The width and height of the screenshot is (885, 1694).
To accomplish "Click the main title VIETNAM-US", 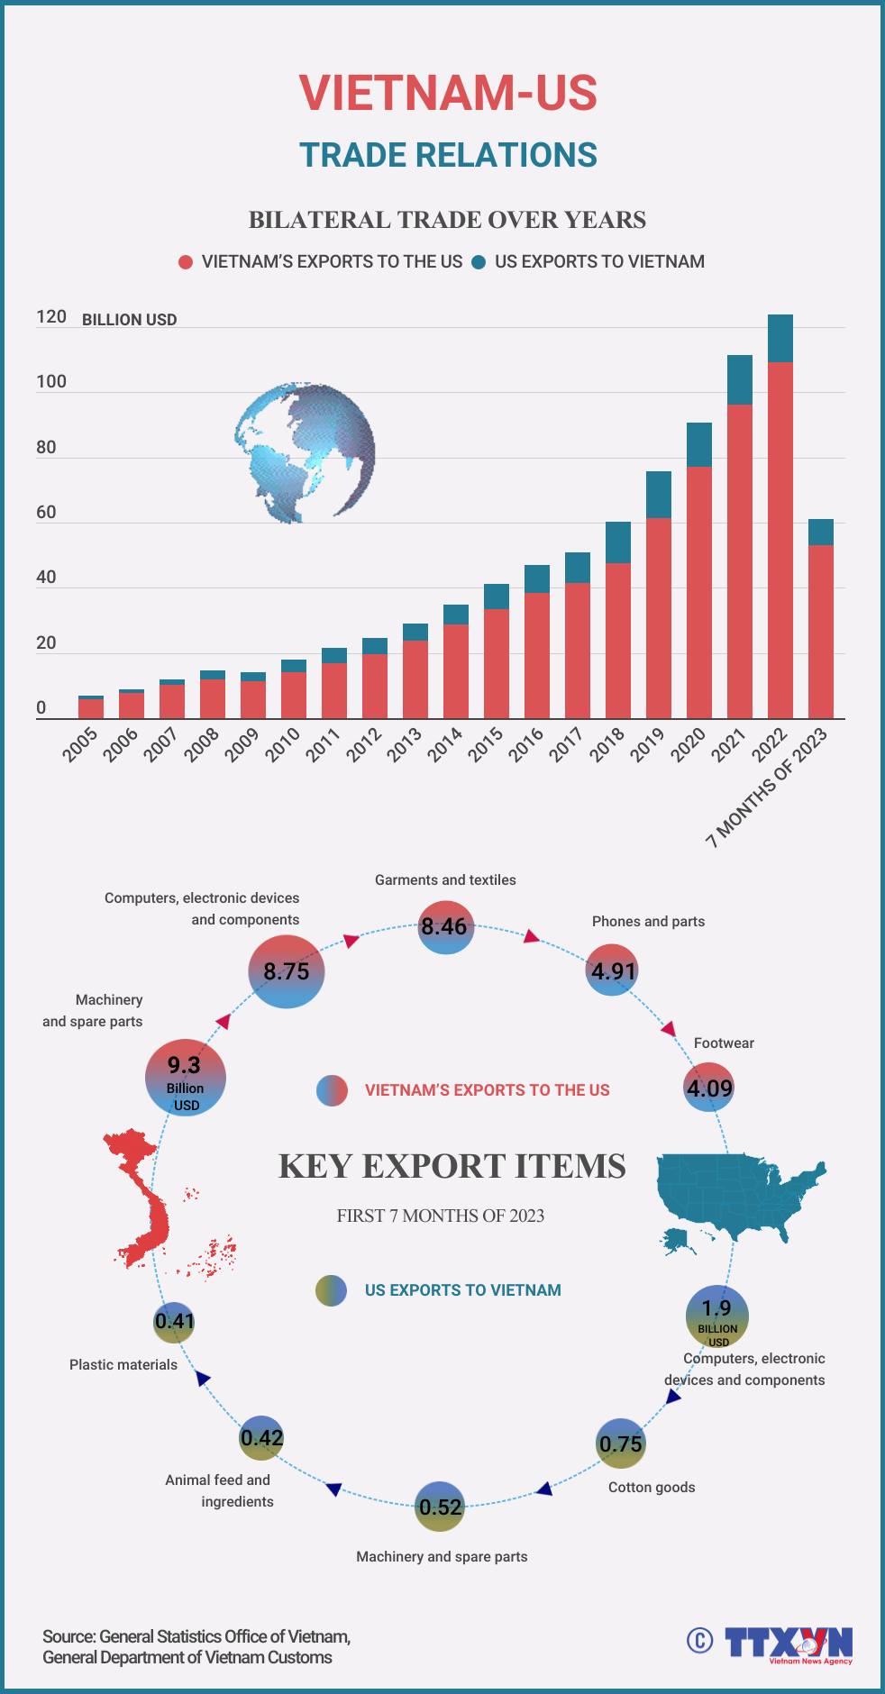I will [x=448, y=93].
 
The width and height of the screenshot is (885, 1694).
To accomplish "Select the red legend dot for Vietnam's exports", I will [x=186, y=262].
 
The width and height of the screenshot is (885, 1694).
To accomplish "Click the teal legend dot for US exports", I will [x=479, y=262].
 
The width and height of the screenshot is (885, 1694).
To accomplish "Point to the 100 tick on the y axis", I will [x=51, y=382].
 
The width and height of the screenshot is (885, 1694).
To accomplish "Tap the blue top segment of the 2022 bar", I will [x=780, y=339].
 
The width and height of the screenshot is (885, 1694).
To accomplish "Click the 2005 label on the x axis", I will [x=80, y=745].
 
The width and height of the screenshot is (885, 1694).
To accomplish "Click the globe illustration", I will [x=305, y=452].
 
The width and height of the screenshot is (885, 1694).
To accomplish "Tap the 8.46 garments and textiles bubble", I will [x=444, y=926].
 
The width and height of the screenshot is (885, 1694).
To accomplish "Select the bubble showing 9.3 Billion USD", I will [x=185, y=1077].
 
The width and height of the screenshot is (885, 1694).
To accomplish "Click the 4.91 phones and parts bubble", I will [x=613, y=970].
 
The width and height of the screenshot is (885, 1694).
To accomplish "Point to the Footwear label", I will [x=724, y=1043].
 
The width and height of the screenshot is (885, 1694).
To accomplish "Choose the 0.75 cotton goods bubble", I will [x=621, y=1444].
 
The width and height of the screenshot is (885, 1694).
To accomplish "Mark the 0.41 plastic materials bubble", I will [x=174, y=1322].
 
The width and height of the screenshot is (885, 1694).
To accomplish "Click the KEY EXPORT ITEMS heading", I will [x=452, y=1166].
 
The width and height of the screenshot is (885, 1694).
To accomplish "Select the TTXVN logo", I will [x=787, y=1642].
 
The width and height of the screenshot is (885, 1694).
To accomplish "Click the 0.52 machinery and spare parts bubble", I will [x=440, y=1507].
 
